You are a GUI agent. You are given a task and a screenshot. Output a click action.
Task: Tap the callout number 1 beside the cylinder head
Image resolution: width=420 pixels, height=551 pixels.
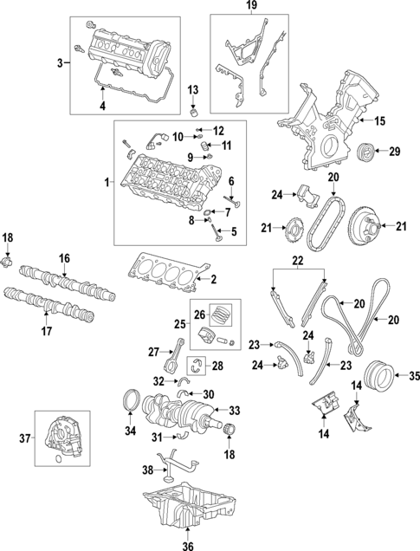tap(106, 183)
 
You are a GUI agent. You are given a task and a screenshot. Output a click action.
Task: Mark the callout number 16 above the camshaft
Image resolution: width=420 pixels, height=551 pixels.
tap(64, 259)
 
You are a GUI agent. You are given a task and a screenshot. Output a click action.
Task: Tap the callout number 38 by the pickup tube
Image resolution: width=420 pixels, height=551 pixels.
tap(147, 470)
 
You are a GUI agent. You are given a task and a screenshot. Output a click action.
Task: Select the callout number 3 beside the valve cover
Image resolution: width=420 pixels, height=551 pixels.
tap(60, 63)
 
